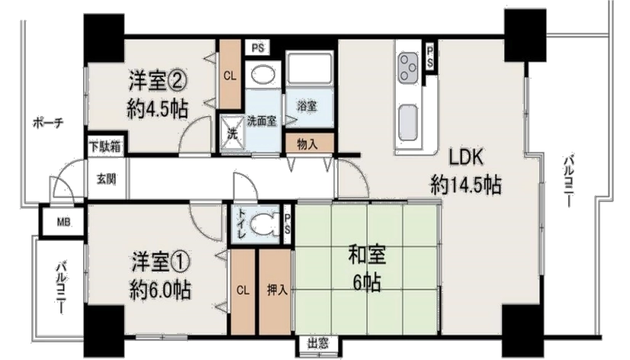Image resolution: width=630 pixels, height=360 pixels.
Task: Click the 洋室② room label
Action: tap(158, 81)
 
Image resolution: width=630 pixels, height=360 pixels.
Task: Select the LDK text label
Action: tap(466, 159)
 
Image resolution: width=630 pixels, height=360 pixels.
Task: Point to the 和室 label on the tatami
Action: tap(367, 256)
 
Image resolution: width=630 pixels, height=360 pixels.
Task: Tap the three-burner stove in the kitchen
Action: tap(408, 67)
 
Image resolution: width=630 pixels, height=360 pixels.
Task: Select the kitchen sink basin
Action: tap(408, 123)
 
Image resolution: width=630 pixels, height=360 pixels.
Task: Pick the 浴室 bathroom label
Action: tap(307, 107)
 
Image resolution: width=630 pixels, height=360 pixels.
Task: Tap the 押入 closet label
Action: tap(277, 290)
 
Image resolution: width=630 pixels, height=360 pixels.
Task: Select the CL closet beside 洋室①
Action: tap(243, 291)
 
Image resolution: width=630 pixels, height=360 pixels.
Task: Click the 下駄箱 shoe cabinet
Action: tap(105, 146)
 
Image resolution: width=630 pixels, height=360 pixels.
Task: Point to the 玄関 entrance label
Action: tap(107, 178)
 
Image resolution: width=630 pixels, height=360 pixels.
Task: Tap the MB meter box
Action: tap(63, 221)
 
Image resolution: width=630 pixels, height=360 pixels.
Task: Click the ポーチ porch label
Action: tap(48, 122)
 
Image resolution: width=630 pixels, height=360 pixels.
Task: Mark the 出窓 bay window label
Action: tap(318, 343)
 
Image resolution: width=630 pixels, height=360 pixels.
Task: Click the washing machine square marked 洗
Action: tap(232, 133)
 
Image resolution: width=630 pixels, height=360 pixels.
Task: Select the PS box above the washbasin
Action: tap(258, 48)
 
